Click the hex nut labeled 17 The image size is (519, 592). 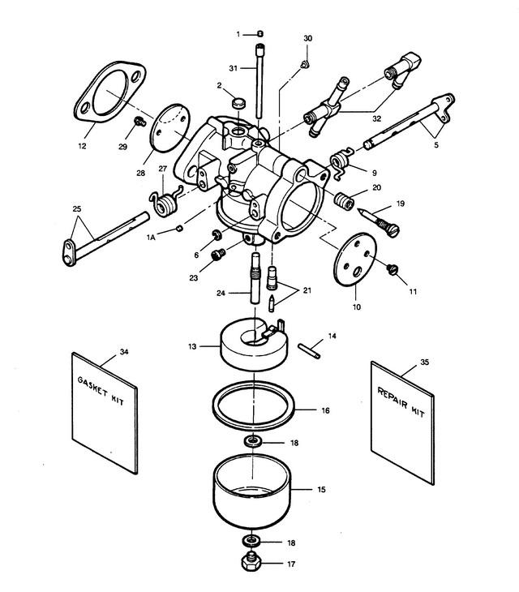(x=251, y=563)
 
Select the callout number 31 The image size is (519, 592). (x=234, y=68)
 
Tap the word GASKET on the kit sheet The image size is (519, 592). (x=93, y=386)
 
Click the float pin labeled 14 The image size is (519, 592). (x=309, y=350)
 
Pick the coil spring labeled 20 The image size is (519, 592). (x=344, y=200)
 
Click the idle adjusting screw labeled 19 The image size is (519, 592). (x=378, y=222)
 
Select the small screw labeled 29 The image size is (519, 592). (x=140, y=122)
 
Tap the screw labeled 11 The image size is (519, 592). (x=392, y=269)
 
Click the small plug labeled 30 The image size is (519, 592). (x=306, y=64)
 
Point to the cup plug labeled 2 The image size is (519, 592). (x=238, y=102)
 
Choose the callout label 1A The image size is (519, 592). (x=151, y=238)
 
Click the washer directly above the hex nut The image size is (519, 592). (x=251, y=541)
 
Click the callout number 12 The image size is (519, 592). (x=82, y=146)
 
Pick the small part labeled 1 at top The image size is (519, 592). (x=260, y=34)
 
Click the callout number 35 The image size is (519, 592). (x=425, y=362)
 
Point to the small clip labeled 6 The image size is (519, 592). (x=218, y=234)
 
